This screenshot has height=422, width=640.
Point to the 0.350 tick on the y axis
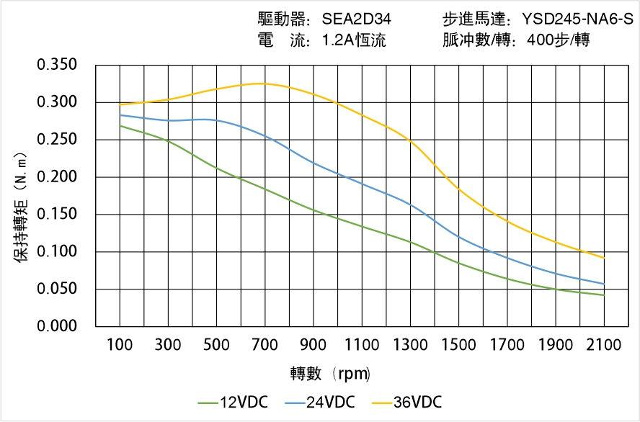57,66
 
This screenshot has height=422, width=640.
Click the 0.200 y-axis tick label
57,177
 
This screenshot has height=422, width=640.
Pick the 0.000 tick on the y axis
57,326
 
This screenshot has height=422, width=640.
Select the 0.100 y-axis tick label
57,252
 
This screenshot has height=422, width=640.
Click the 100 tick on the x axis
120,345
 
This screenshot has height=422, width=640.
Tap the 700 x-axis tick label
265,345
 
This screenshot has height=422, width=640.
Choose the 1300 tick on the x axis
410,345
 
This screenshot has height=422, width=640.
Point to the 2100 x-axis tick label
604,345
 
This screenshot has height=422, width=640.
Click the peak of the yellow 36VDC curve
261,84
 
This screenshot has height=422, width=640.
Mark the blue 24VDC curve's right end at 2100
604,284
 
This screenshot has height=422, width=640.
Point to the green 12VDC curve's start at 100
120,126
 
